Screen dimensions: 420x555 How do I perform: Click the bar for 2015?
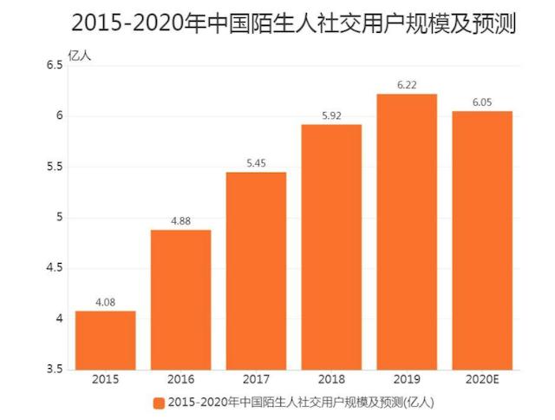(105, 340)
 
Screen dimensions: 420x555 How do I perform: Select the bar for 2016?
(180, 299)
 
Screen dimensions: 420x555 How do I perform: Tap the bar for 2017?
(256, 271)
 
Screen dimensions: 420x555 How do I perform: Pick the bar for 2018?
(331, 247)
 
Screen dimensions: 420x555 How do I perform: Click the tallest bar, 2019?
(407, 232)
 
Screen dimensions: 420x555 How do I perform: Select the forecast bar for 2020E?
(482, 240)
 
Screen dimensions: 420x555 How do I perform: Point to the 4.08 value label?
(105, 303)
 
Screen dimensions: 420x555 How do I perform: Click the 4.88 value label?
(180, 221)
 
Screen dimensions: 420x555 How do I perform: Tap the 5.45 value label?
(256, 164)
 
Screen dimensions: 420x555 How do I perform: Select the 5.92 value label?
(331, 116)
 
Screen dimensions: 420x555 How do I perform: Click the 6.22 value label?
(407, 86)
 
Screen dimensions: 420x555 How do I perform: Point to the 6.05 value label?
(482, 103)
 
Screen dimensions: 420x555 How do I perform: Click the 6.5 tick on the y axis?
(54, 66)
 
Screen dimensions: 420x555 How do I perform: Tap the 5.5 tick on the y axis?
(54, 167)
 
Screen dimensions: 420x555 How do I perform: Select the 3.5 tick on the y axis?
(54, 370)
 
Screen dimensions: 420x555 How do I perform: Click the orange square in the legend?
(158, 403)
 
